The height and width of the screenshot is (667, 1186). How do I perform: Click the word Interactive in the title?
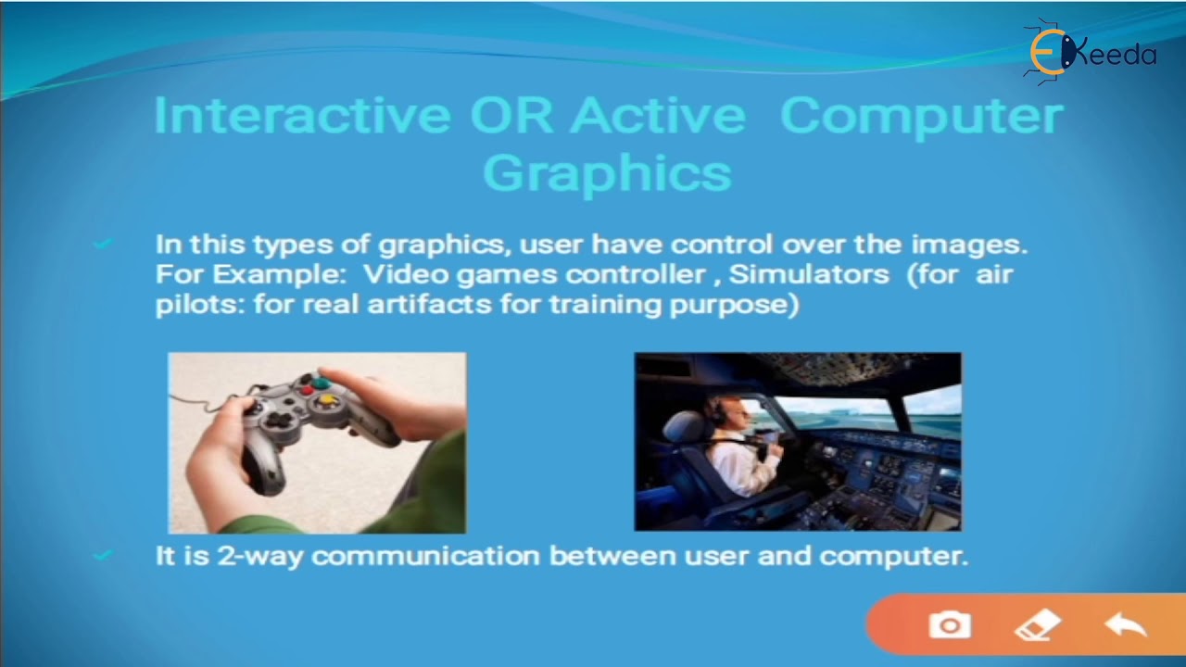[x=302, y=115]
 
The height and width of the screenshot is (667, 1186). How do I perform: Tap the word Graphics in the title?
[x=607, y=173]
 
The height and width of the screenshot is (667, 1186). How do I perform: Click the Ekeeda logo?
[x=1092, y=53]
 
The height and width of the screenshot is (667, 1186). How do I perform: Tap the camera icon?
[x=950, y=625]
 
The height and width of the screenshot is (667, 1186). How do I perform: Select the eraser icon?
[x=1037, y=624]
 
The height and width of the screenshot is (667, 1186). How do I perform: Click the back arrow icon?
[x=1126, y=624]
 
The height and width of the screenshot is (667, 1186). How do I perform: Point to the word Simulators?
[x=809, y=274]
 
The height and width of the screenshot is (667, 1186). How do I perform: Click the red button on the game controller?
[x=308, y=391]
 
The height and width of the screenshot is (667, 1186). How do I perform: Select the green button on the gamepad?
[x=321, y=383]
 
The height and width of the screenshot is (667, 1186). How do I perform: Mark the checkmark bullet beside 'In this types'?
[x=103, y=244]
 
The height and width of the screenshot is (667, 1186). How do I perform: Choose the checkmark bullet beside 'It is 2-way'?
[x=103, y=555]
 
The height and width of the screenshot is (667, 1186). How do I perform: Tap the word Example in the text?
[x=279, y=274]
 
